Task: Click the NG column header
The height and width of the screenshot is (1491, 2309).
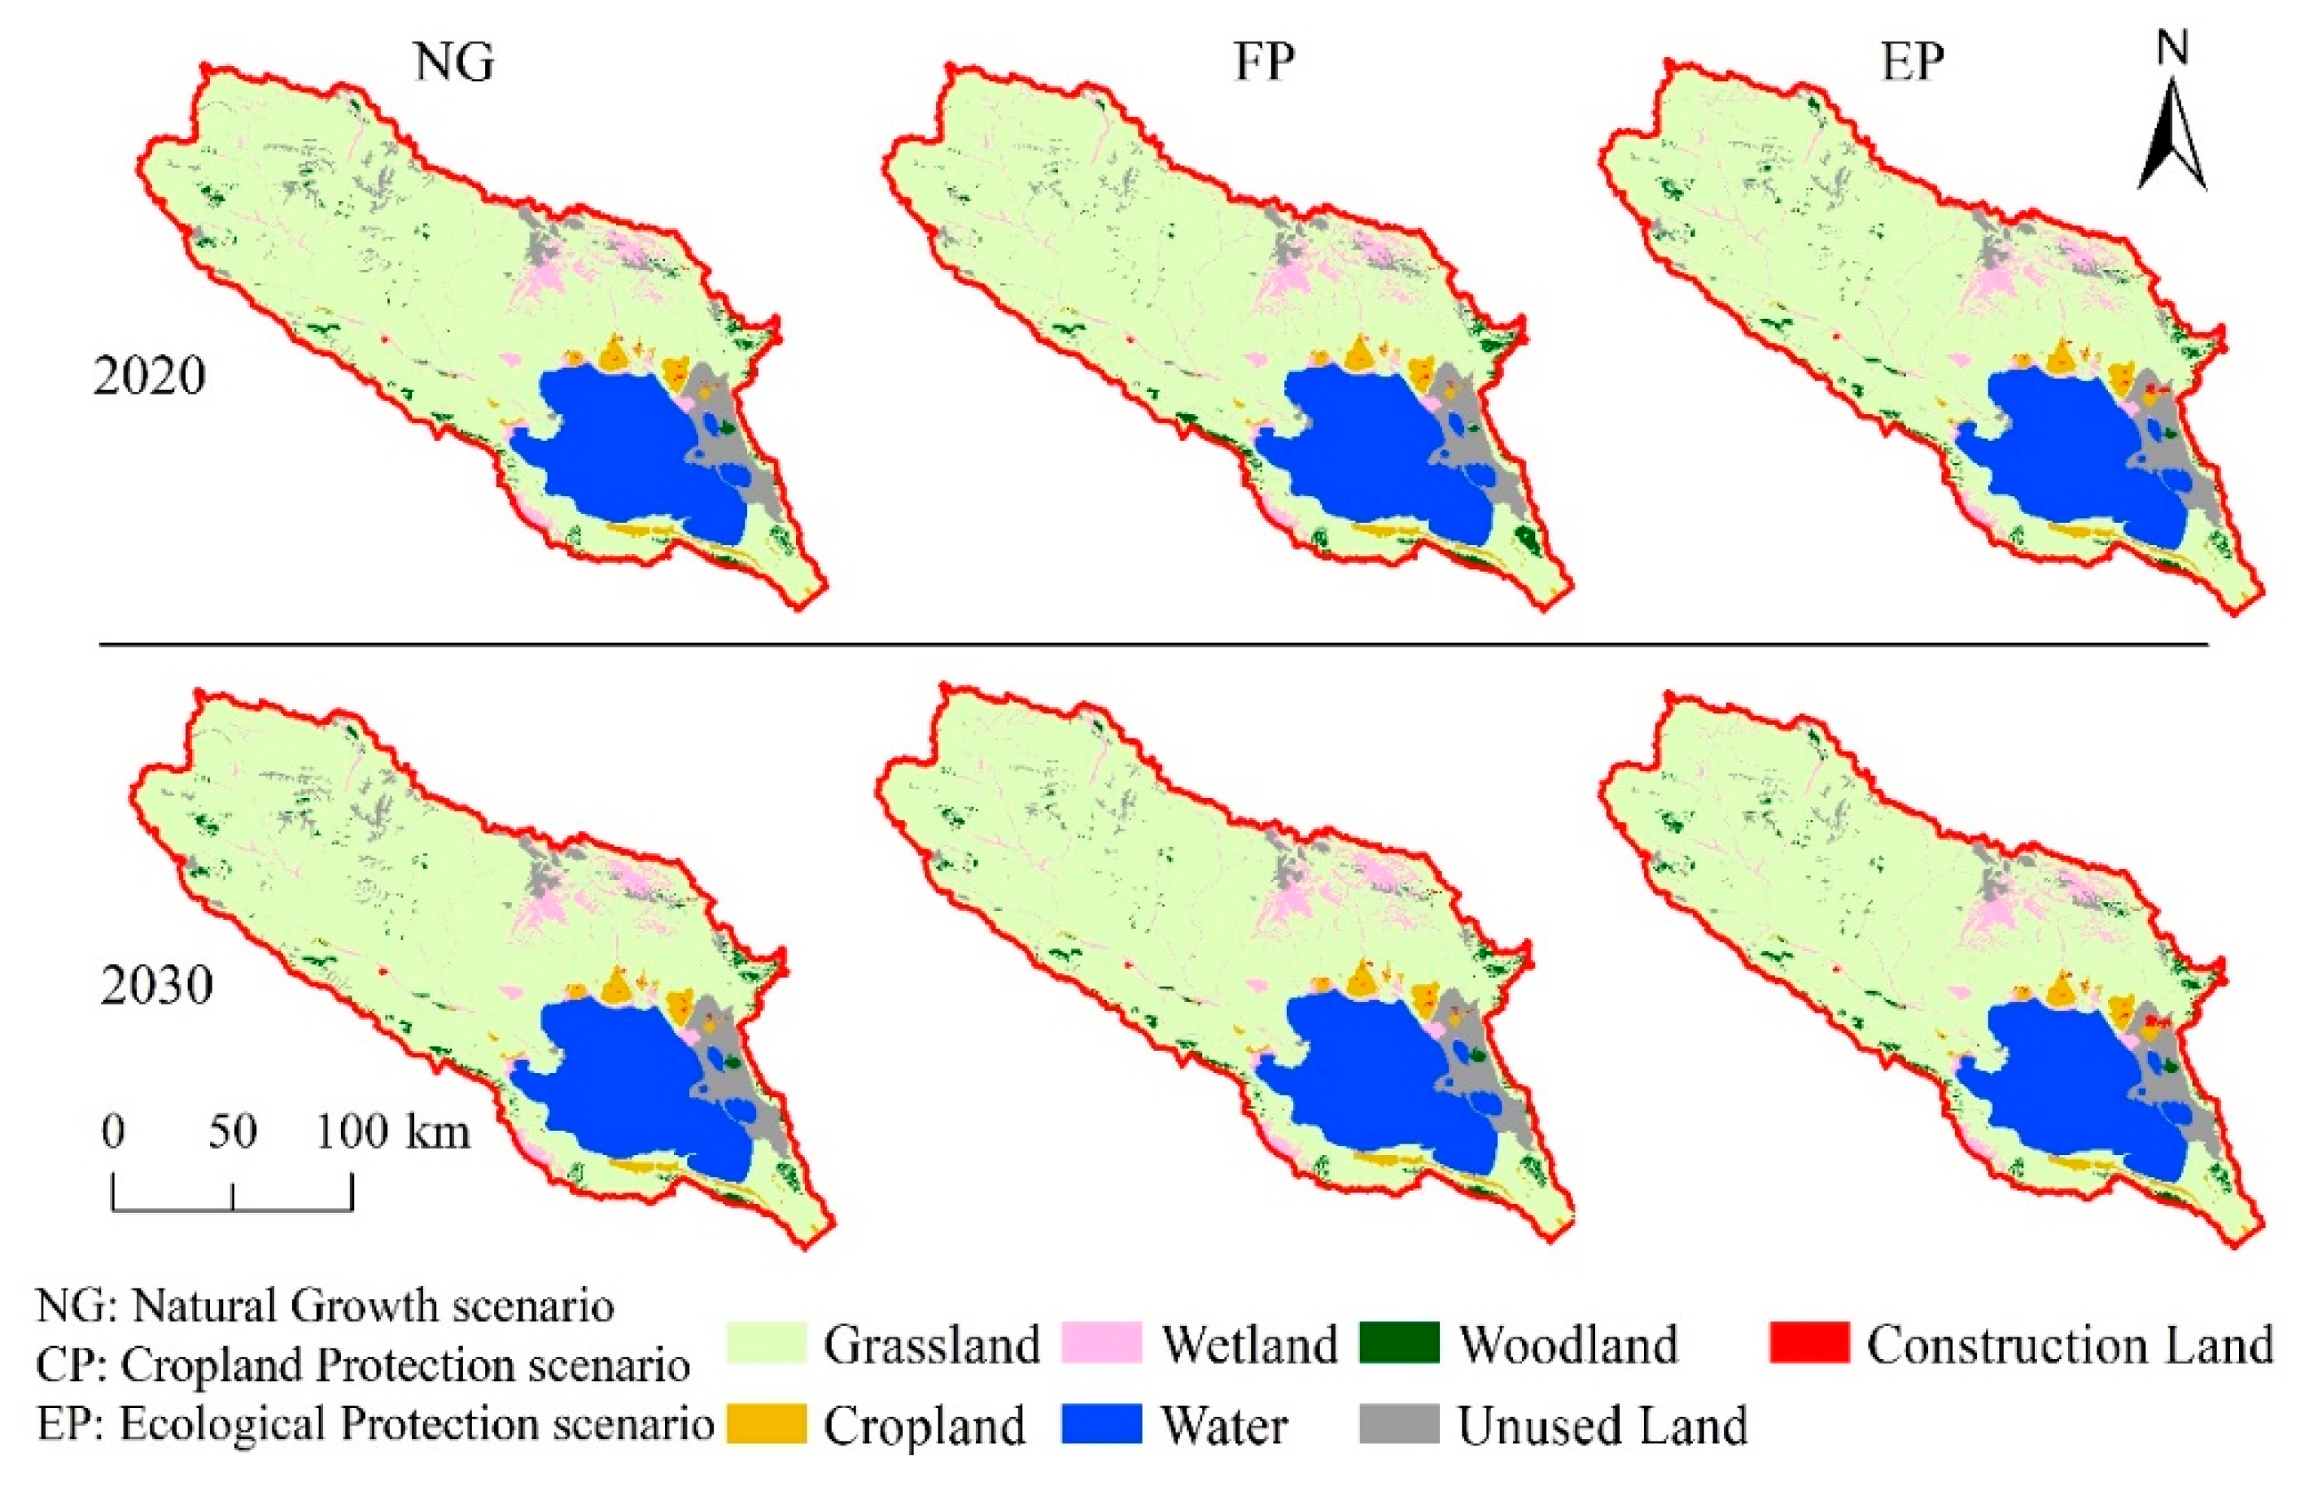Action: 454,62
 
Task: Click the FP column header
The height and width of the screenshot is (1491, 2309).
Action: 1263,62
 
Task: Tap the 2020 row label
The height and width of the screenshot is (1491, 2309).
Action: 149,376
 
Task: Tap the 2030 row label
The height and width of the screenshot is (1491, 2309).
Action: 156,987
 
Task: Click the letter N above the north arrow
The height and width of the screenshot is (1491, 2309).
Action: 2172,46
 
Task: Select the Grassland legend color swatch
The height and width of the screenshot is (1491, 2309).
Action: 765,1343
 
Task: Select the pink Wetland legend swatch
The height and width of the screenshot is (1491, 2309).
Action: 1100,1343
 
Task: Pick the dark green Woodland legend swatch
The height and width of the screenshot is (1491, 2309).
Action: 1398,1343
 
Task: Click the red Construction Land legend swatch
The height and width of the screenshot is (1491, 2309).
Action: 1808,1343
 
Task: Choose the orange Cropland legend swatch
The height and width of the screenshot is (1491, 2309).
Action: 765,1423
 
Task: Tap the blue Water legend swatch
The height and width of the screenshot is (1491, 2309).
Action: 1100,1423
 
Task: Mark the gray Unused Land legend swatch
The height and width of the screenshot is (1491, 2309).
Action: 1398,1423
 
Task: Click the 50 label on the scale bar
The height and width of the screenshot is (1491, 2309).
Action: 233,1131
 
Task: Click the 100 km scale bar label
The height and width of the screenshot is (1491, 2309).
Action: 392,1131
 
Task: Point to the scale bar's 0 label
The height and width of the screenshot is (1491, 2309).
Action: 113,1131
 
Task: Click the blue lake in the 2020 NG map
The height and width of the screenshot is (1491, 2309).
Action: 630,455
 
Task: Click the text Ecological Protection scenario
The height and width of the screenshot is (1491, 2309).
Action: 417,1424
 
